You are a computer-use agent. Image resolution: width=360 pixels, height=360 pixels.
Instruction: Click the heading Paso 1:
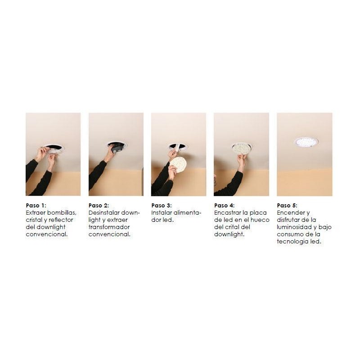(36, 206)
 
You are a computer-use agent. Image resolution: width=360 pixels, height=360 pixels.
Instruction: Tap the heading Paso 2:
(99, 206)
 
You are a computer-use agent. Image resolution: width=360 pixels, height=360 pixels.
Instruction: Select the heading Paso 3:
(162, 206)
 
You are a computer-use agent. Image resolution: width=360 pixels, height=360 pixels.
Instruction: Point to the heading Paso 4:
(224, 206)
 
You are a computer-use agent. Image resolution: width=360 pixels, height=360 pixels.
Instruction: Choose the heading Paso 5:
(287, 206)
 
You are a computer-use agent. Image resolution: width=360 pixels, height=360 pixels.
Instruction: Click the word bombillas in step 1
(62, 212)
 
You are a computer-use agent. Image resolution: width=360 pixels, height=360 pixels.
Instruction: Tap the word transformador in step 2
(109, 227)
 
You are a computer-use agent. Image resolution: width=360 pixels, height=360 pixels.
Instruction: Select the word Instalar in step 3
(162, 212)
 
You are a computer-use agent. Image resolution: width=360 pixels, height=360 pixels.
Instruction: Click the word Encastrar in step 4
(227, 212)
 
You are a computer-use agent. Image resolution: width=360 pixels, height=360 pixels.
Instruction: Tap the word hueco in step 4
(260, 220)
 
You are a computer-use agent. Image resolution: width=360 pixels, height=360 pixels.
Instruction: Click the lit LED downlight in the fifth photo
(306, 142)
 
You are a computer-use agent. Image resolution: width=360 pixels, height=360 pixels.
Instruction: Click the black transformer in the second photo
(117, 148)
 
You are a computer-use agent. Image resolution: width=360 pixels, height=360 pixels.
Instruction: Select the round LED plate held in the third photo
(178, 164)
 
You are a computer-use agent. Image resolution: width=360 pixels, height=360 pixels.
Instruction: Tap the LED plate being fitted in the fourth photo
(241, 148)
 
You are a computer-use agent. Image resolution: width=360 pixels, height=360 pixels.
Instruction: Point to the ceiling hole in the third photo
(178, 146)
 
